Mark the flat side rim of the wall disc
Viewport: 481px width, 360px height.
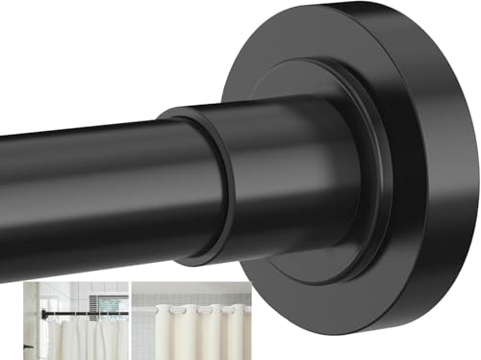pos(452,193)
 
